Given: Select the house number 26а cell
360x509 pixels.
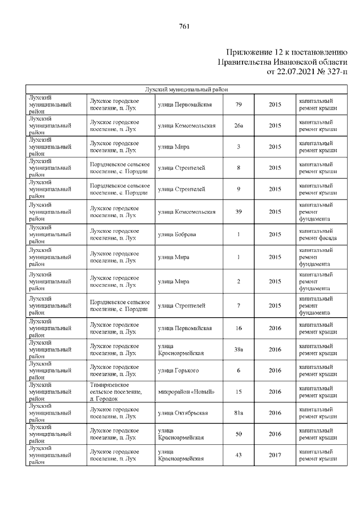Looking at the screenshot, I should click(x=238, y=125).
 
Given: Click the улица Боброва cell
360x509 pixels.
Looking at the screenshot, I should click(x=177, y=235).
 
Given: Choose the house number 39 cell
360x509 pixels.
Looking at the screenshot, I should click(x=238, y=212).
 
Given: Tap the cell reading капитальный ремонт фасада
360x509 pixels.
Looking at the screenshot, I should click(x=318, y=235).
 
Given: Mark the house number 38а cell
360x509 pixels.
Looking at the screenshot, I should click(x=238, y=349).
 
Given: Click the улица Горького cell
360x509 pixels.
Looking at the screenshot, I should click(x=178, y=370).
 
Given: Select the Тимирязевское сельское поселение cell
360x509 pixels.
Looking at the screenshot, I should click(x=115, y=391).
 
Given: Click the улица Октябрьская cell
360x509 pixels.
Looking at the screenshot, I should click(x=183, y=413).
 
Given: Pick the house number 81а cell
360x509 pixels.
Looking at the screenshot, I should click(x=238, y=413).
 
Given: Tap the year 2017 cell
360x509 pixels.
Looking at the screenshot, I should click(x=274, y=455).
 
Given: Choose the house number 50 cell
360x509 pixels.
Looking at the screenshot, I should click(x=238, y=434).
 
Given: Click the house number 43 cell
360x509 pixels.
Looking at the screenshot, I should click(x=238, y=455).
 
